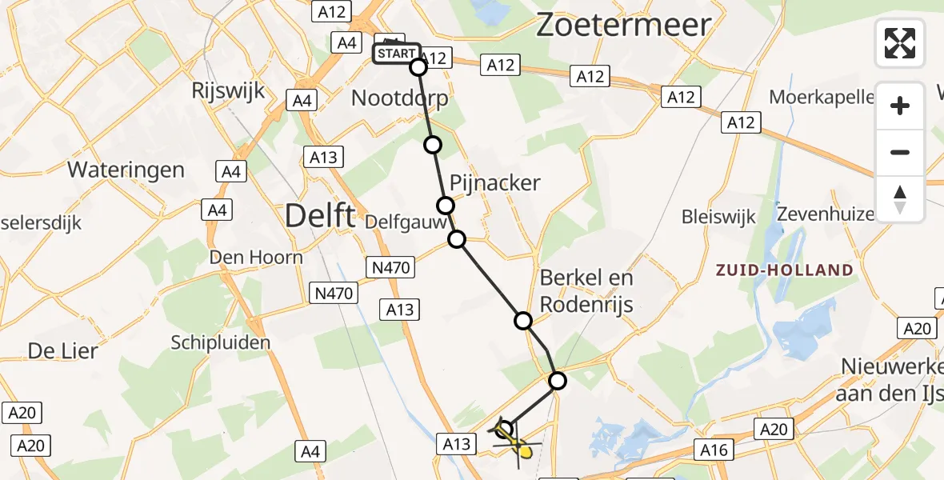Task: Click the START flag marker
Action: tap(396, 53)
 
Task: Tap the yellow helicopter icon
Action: tap(512, 442)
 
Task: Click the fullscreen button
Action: tap(900, 43)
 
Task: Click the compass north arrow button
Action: tap(900, 199)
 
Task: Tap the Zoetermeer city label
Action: tap(623, 25)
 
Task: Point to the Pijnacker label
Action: tap(495, 183)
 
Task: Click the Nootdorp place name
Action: tap(400, 98)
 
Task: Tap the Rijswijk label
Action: tap(228, 91)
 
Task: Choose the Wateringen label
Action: tap(126, 170)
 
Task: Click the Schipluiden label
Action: tap(221, 342)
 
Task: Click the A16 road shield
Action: tap(714, 450)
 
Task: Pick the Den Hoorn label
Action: tap(256, 257)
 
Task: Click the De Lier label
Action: tap(62, 350)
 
